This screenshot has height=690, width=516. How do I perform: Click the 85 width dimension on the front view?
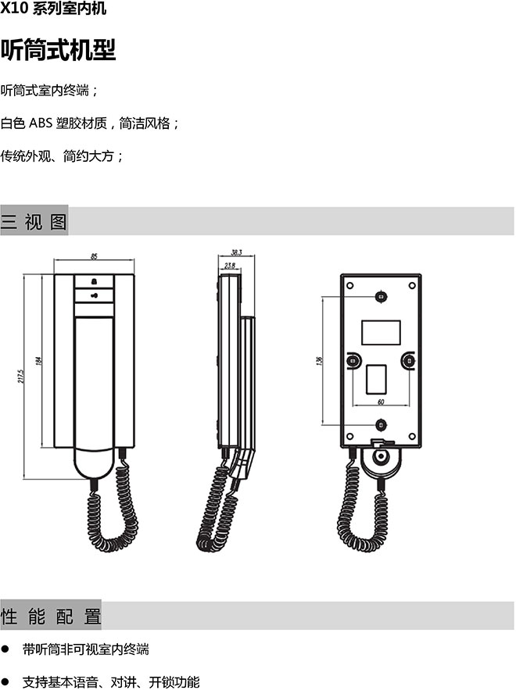click(x=94, y=256)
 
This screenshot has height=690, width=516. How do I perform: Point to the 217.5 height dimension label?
click(x=21, y=376)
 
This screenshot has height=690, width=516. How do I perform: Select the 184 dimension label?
click(x=39, y=361)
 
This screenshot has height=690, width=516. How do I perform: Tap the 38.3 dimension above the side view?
click(x=236, y=252)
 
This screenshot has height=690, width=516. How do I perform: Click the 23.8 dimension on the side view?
click(x=229, y=266)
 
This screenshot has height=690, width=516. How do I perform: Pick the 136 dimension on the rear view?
click(x=319, y=360)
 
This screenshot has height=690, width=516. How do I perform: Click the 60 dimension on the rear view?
click(x=381, y=402)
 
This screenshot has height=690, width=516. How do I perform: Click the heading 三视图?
click(x=34, y=221)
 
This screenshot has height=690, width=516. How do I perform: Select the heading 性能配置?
click(x=51, y=616)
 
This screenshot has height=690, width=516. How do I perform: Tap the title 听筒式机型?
click(x=58, y=50)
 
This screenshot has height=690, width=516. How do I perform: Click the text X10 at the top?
click(x=14, y=9)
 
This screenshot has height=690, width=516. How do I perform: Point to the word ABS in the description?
click(x=41, y=123)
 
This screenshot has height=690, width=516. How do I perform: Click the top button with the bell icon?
click(x=95, y=281)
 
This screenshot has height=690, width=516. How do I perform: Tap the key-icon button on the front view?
click(x=95, y=295)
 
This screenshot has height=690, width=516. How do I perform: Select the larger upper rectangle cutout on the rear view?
click(x=381, y=333)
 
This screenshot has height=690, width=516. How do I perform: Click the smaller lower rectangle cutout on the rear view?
click(x=376, y=379)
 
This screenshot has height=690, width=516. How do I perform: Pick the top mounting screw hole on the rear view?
click(x=381, y=297)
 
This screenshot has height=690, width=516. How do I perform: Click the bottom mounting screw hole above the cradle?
click(x=381, y=425)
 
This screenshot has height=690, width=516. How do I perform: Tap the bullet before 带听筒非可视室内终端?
click(x=5, y=649)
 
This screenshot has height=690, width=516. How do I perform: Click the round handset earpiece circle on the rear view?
click(x=381, y=457)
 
